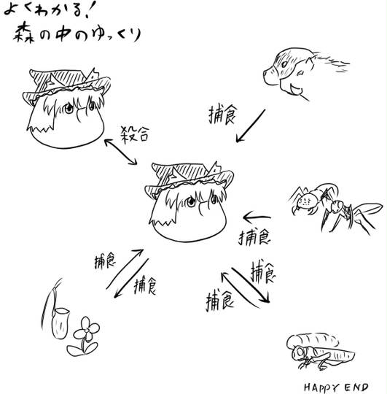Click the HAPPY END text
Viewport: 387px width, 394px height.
pos(336,387)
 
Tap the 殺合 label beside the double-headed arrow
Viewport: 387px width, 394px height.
pos(135,135)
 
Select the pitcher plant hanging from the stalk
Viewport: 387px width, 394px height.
pos(60,323)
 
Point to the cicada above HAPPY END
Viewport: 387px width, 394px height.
pos(320,351)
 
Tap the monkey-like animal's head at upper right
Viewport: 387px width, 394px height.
pos(289,72)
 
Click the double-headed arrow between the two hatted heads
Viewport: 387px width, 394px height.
pos(121,152)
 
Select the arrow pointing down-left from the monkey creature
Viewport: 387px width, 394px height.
pos(251,125)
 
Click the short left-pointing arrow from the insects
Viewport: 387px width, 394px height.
pos(257,217)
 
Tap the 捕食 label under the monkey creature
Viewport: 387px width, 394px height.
pos(222,115)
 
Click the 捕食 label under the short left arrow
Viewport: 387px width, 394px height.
pos(254,237)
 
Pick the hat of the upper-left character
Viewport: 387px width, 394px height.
pos(67,85)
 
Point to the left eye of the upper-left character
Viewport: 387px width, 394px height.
pos(69,108)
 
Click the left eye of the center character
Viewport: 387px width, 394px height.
pos(191,201)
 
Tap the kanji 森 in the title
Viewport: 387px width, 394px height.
pos(24,33)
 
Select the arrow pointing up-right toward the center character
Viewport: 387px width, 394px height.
pos(125,269)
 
